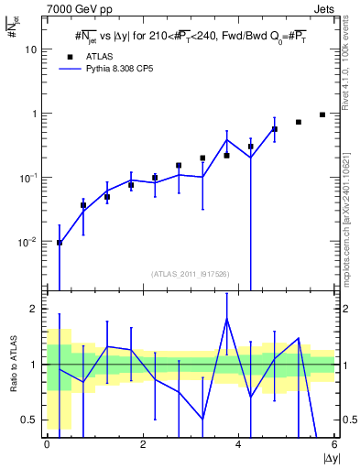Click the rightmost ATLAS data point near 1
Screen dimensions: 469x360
pos(322,115)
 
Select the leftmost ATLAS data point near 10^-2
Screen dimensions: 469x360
pos(60,243)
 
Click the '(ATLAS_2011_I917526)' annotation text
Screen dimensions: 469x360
pos(191,273)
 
